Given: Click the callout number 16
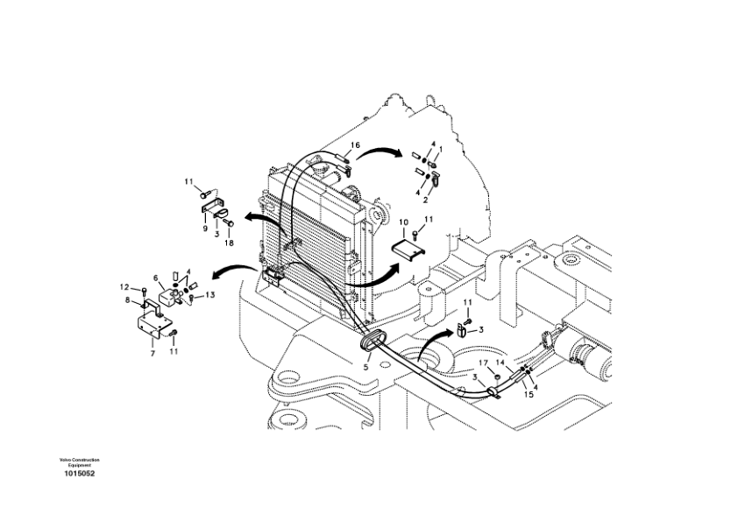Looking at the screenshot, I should (356, 144).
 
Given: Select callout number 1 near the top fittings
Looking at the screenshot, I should (440, 149).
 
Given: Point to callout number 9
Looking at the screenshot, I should (205, 229).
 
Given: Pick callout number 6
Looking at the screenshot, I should (156, 278).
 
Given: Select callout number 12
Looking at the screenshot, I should (124, 286).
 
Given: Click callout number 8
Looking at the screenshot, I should (128, 300).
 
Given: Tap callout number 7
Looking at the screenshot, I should (152, 354).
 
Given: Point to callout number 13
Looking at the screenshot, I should (210, 295).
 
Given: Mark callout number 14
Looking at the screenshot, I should (500, 362).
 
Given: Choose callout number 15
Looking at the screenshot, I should (529, 393).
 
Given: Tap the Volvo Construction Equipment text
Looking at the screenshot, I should (79, 461).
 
